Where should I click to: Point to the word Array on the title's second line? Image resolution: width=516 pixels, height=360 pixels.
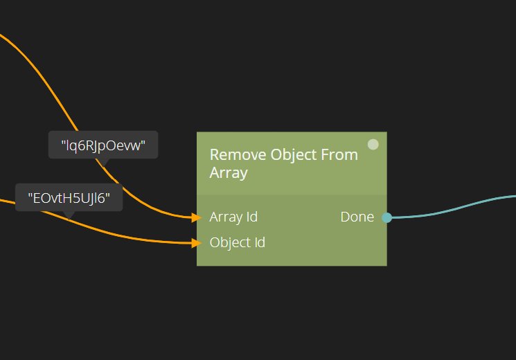click(x=228, y=172)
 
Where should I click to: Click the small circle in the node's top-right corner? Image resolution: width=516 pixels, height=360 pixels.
click(x=373, y=145)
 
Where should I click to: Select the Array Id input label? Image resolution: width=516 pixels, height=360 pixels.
click(x=233, y=217)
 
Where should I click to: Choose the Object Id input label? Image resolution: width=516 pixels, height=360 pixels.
click(x=237, y=242)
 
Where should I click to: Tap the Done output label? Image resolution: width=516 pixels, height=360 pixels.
click(x=357, y=217)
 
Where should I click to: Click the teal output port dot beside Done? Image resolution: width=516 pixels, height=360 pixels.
click(x=387, y=217)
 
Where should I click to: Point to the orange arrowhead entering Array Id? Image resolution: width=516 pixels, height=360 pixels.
click(x=196, y=217)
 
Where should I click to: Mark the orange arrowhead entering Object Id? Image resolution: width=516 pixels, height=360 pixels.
click(x=196, y=242)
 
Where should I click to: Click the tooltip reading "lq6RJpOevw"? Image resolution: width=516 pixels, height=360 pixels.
click(x=103, y=145)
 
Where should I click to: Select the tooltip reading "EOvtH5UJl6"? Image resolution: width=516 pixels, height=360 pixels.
click(x=69, y=198)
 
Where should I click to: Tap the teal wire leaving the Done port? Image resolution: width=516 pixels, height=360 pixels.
click(x=457, y=208)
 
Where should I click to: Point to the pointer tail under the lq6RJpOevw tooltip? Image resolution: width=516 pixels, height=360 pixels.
click(x=103, y=162)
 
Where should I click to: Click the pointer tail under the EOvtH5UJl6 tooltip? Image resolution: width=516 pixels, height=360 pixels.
click(x=69, y=215)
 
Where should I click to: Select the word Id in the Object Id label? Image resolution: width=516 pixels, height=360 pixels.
click(x=258, y=242)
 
